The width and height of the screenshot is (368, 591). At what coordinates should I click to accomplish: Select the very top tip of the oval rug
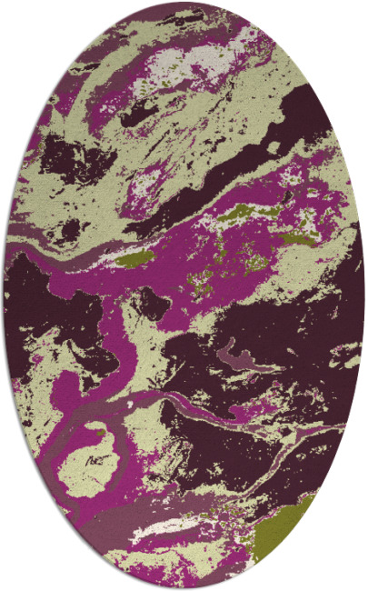(184, 3)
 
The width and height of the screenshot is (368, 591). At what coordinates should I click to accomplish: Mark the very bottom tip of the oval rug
(184, 588)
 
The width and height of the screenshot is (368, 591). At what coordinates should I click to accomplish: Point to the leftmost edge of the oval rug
(5, 295)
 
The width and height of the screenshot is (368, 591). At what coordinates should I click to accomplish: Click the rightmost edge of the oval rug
(363, 295)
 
